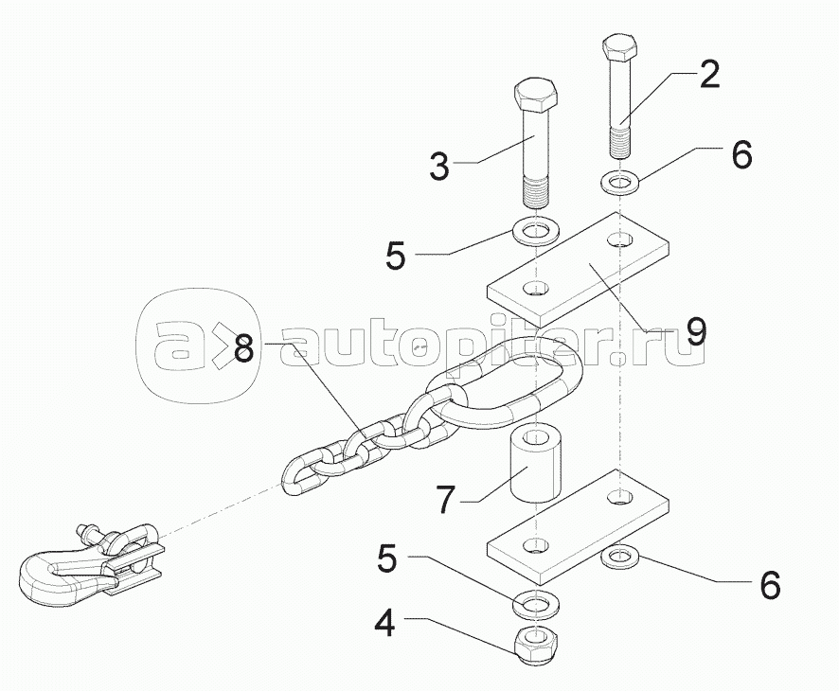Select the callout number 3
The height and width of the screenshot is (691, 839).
point(438,168)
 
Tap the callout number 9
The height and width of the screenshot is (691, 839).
point(695,330)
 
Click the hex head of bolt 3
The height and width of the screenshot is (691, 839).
point(536,98)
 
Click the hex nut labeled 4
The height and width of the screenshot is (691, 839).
point(535,647)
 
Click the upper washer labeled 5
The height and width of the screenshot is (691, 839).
point(536,230)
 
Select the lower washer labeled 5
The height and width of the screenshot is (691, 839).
point(535,602)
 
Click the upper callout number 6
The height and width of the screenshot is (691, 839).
point(741,153)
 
